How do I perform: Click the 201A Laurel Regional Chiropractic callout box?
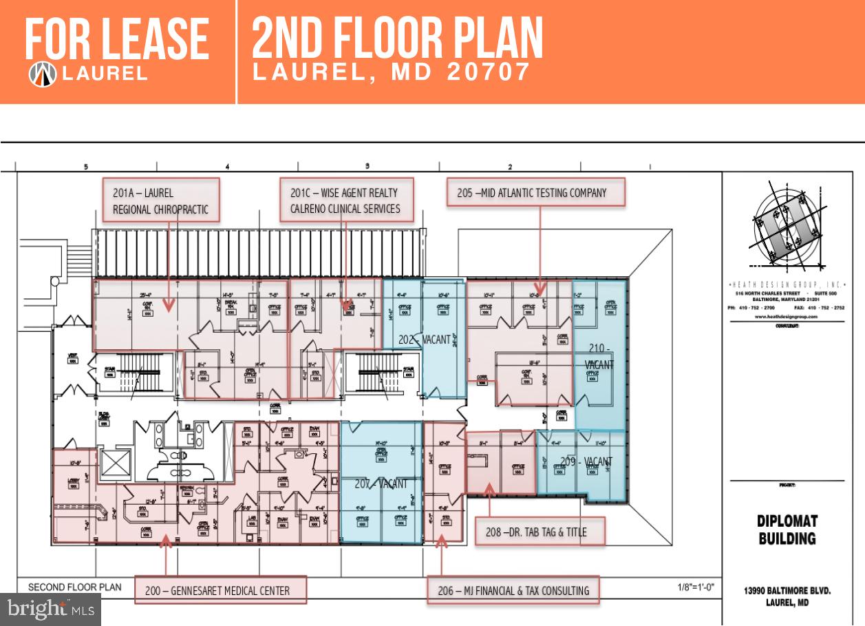161,200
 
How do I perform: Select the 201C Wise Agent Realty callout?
345,200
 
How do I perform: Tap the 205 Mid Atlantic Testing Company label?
535,193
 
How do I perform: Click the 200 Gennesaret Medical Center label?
220,590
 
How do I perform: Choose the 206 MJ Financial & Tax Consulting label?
513,590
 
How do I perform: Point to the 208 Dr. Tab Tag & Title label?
540,532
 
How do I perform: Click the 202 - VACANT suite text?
424,340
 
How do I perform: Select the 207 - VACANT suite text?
381,484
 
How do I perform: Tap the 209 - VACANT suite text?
586,461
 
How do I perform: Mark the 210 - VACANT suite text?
599,356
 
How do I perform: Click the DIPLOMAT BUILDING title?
787,530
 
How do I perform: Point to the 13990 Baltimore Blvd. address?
787,596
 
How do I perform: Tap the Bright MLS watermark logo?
51,609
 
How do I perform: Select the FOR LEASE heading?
117,40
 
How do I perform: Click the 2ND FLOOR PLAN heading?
397,39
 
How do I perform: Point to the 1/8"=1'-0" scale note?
696,587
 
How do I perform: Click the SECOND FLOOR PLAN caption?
74,587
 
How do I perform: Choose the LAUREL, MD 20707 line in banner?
392,72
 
